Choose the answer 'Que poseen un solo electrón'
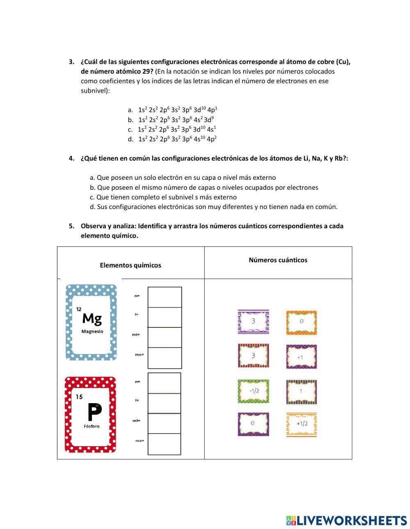[183, 177]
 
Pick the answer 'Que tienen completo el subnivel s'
[163, 197]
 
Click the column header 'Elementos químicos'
[130, 265]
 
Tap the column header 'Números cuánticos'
[278, 260]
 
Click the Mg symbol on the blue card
[92, 318]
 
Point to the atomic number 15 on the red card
[79, 397]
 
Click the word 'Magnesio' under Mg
[92, 331]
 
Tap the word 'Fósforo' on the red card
[91, 426]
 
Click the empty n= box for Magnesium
[164, 297]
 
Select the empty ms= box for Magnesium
[164, 358]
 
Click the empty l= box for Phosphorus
[164, 403]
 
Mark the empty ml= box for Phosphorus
[164, 423]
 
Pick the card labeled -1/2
[253, 391]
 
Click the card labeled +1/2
[301, 424]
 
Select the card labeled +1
[301, 357]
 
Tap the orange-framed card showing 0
[301, 322]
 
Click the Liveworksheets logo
[346, 520]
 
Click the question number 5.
[72, 226]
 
